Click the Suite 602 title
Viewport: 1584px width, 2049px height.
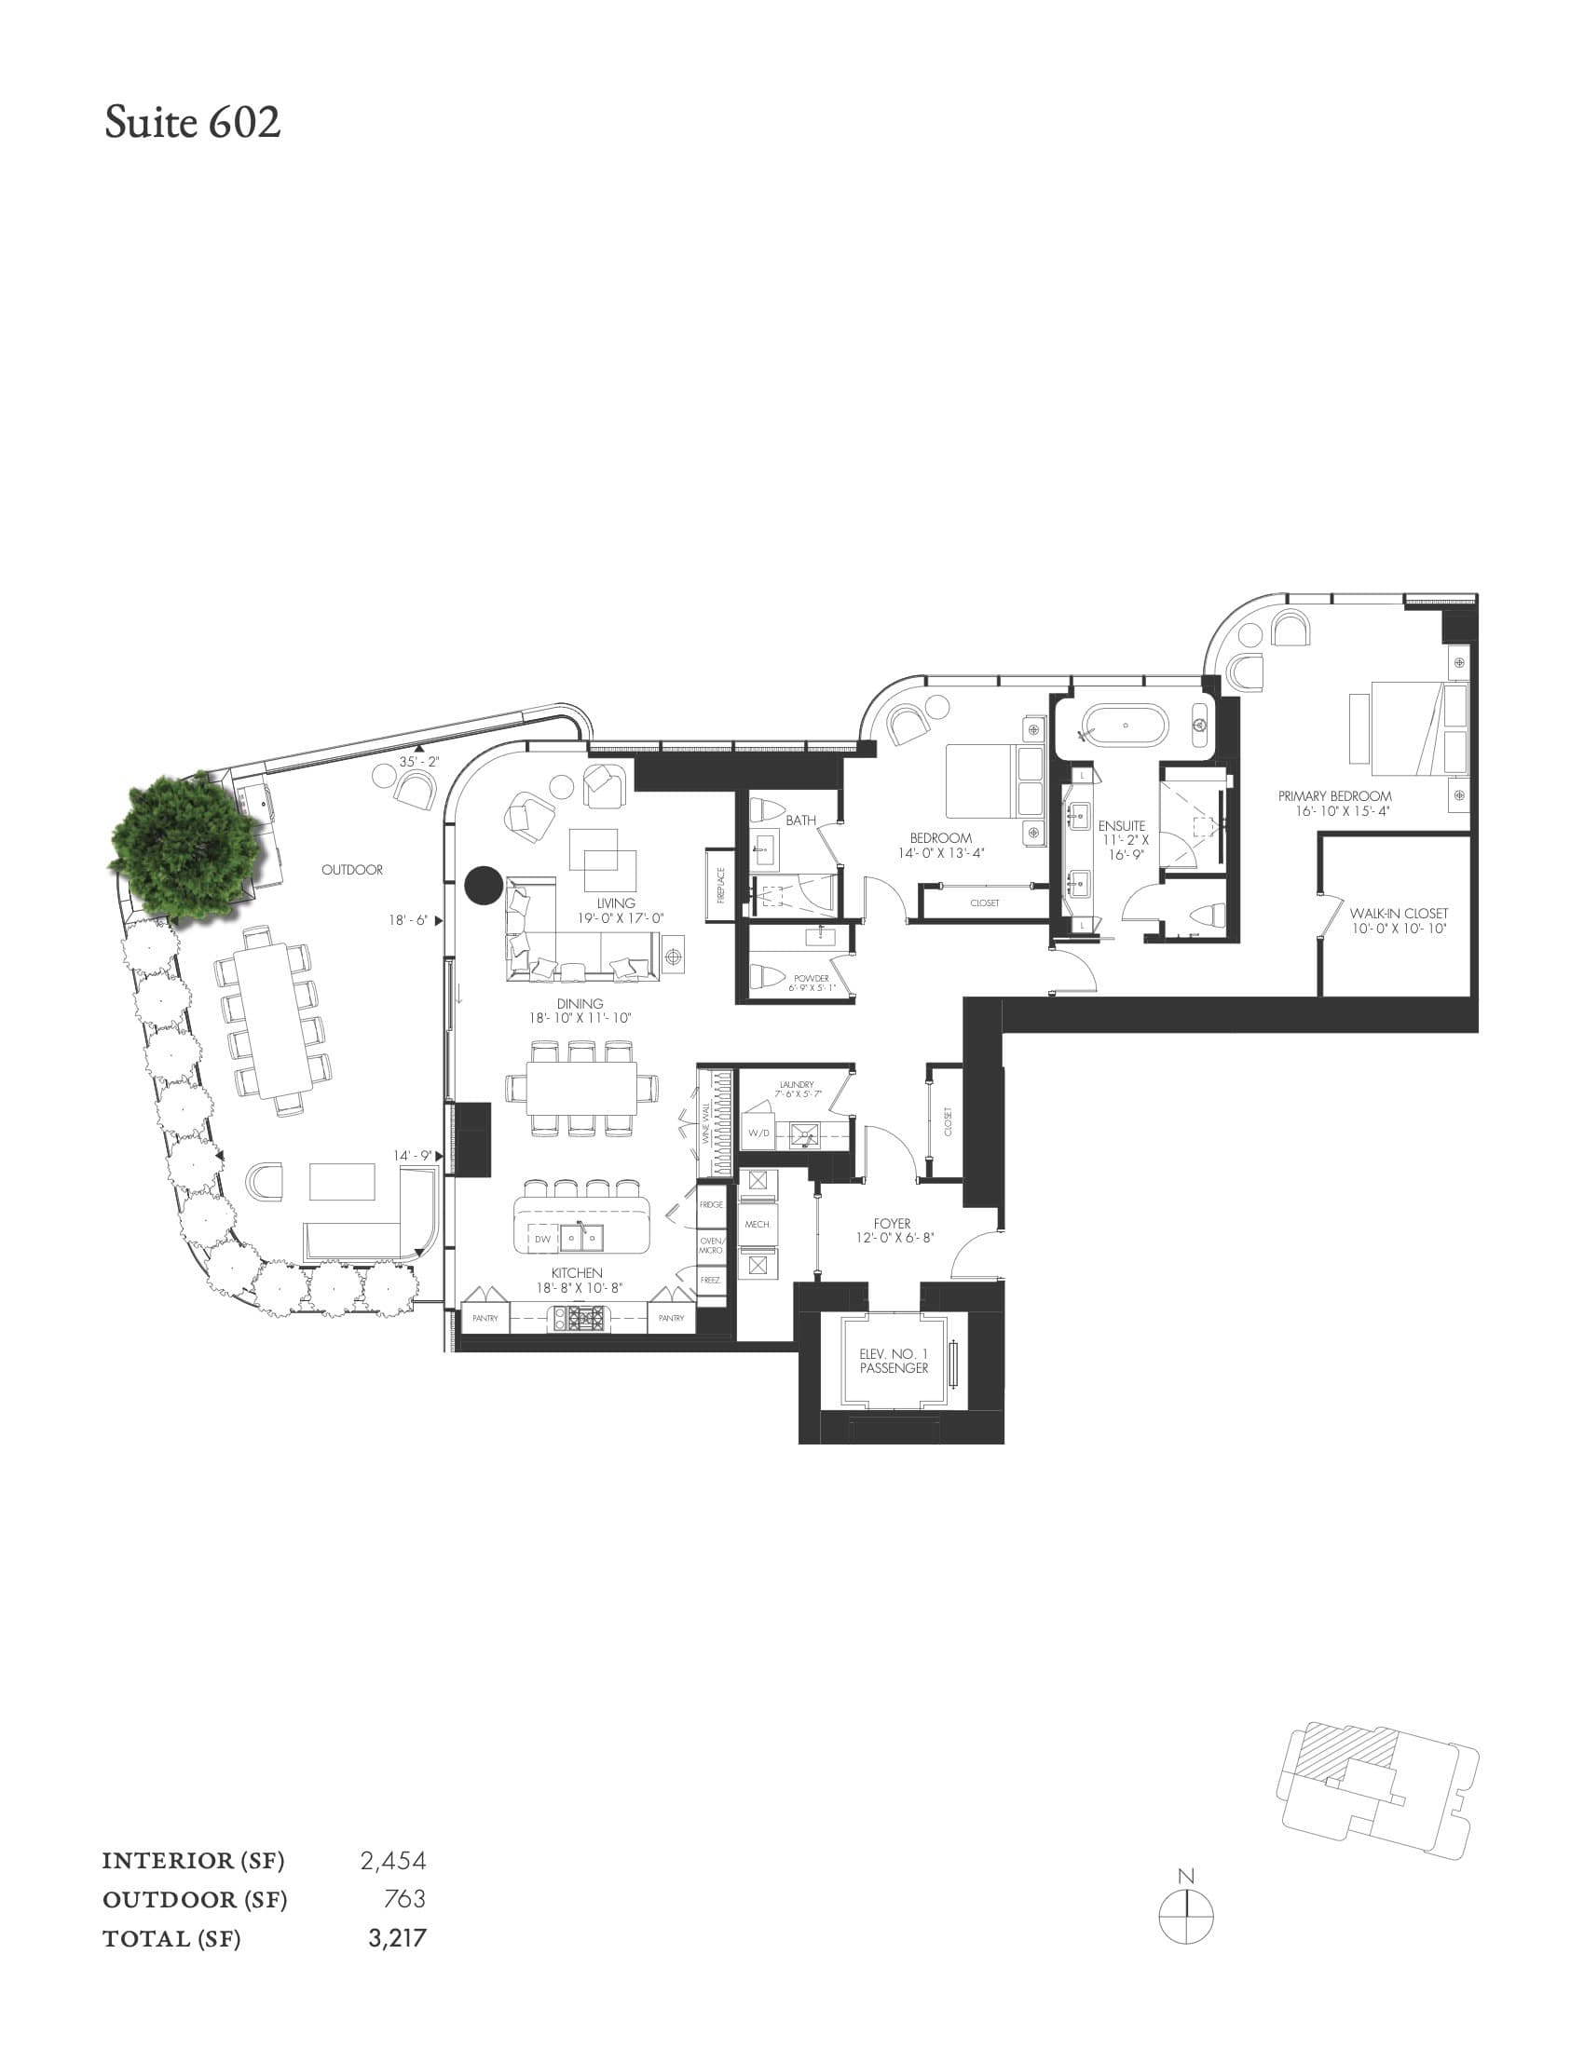192,123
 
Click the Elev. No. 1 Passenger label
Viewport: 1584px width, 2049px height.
894,1362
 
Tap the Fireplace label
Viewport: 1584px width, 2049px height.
720,885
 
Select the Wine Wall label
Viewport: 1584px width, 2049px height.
705,1121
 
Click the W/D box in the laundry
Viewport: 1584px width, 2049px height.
758,1133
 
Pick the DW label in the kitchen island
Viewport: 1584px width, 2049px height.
542,1240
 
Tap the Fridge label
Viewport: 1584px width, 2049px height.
711,1204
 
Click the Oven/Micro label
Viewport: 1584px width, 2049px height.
711,1245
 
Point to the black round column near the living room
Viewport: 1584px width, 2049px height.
485,885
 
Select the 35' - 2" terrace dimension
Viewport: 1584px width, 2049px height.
418,762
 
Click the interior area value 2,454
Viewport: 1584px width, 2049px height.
393,1860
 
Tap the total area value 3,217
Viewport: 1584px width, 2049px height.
397,1937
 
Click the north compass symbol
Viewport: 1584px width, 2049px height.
1186,1915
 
